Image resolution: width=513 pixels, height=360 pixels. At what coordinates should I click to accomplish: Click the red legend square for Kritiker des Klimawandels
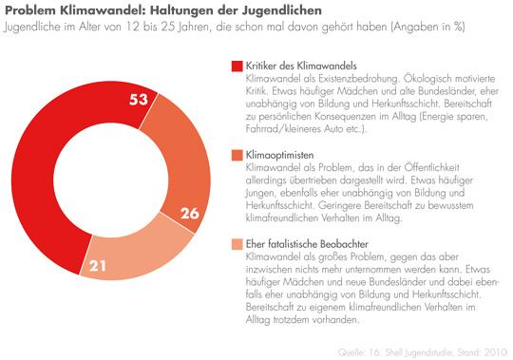click(237, 65)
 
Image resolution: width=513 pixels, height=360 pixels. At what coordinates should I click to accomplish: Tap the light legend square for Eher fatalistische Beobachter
click(237, 244)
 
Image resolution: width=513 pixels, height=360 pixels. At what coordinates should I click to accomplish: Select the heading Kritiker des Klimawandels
click(296, 65)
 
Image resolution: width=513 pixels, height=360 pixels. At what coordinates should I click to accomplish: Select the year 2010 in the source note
click(493, 351)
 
